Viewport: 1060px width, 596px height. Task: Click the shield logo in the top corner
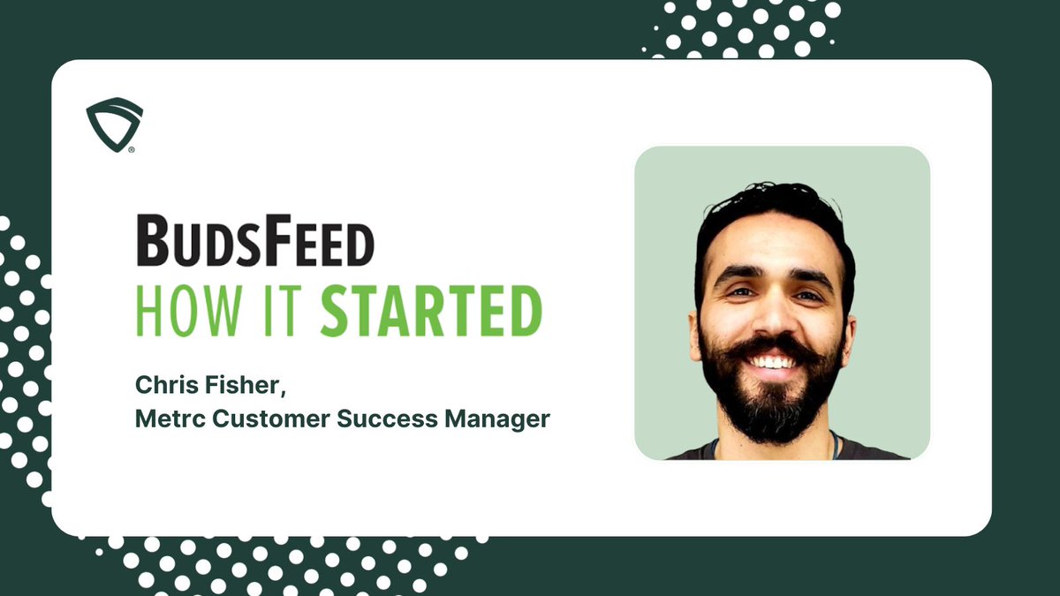(114, 123)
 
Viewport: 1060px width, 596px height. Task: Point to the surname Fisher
(223, 385)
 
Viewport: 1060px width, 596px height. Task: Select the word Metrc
(163, 419)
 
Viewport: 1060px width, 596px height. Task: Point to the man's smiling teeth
(772, 362)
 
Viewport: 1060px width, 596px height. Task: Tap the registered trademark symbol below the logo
(132, 150)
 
